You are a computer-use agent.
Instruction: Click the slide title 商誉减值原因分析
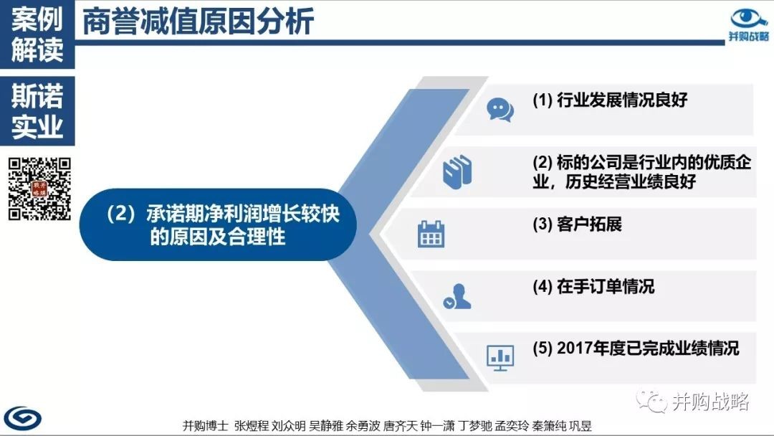click(x=199, y=22)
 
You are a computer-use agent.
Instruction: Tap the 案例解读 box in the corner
click(x=37, y=34)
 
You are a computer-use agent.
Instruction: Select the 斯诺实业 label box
click(x=37, y=110)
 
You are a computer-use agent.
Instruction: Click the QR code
click(x=39, y=188)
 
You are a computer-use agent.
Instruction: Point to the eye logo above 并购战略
click(x=749, y=18)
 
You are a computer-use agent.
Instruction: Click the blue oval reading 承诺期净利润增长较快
click(x=218, y=224)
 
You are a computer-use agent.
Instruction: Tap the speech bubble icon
click(x=500, y=110)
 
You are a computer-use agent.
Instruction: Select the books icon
click(x=457, y=172)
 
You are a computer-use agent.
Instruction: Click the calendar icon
click(x=431, y=234)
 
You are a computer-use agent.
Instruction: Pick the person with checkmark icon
click(x=457, y=296)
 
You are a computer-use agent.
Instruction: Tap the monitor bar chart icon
click(x=500, y=358)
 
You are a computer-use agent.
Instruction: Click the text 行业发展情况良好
click(x=622, y=100)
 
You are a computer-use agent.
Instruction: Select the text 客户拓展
click(x=589, y=224)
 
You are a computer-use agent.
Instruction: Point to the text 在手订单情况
click(x=606, y=286)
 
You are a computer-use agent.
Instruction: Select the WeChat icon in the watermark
click(x=651, y=401)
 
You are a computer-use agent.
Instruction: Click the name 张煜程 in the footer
click(x=251, y=426)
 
